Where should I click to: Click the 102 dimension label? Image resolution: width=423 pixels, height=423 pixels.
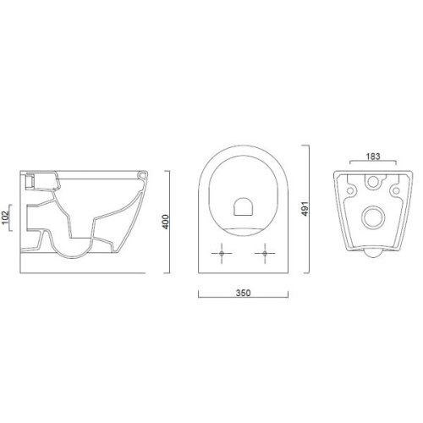pos(6,218)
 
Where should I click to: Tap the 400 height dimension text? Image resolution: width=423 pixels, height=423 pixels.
pos(166,222)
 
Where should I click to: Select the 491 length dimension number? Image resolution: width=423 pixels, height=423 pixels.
pos(305,209)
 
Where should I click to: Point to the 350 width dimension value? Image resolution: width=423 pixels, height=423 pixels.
pos(243,293)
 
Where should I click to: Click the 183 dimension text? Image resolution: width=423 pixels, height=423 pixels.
pos(373,157)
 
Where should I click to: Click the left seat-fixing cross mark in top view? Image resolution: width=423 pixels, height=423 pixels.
pos(222,253)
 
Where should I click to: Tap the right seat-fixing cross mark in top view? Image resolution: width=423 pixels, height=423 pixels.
pos(265,253)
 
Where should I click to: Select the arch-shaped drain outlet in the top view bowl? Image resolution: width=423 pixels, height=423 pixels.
pos(243,206)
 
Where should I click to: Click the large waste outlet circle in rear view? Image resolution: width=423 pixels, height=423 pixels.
pos(373,217)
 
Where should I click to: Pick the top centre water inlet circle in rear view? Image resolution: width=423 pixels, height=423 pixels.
pos(373,182)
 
